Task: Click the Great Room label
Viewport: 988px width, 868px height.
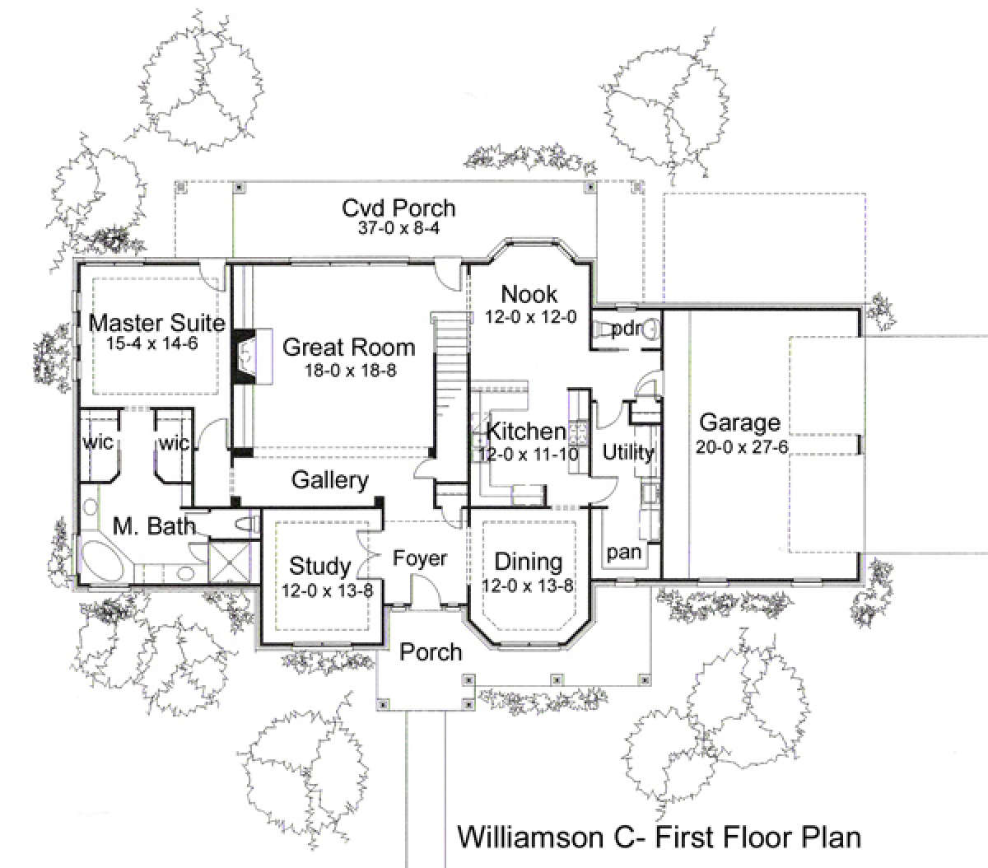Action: coord(348,348)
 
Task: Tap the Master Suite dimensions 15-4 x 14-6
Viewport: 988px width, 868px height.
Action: coord(152,343)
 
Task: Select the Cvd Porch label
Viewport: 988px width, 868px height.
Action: coord(398,208)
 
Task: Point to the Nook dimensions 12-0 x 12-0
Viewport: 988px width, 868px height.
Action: coord(530,317)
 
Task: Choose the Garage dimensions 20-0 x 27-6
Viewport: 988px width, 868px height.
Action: coord(742,447)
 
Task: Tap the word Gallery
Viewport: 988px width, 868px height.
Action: coord(329,480)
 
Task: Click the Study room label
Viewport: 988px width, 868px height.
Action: coord(320,566)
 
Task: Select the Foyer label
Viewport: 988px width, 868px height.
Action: coord(420,558)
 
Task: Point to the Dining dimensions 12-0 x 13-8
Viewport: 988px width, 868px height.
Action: coord(528,586)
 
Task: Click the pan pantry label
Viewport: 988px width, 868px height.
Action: coord(624,553)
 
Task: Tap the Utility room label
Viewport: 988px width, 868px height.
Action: coord(628,452)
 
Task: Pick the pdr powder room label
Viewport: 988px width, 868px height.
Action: coord(627,329)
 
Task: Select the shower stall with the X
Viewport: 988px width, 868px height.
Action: coord(229,562)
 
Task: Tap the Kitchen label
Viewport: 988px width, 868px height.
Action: coord(526,432)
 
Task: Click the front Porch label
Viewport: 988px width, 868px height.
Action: coord(431,652)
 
